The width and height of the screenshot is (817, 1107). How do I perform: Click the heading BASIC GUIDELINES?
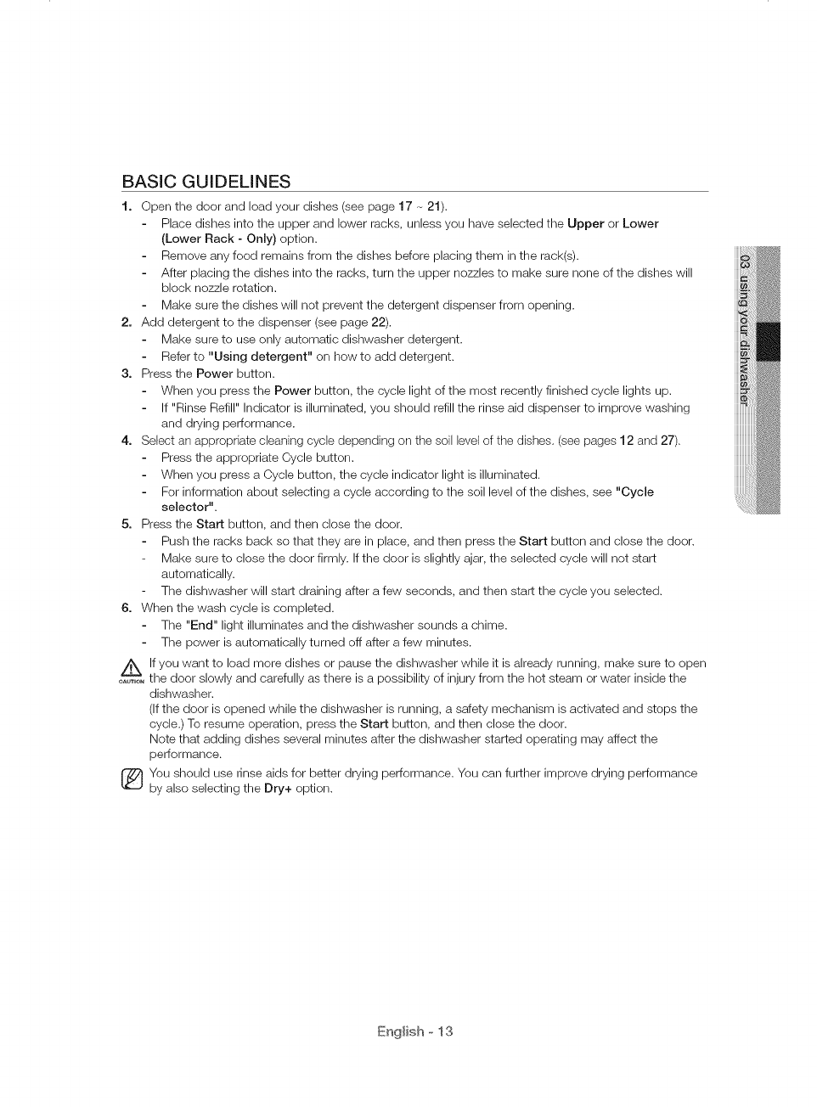pyautogui.click(x=206, y=182)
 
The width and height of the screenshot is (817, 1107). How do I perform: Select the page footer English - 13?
pyautogui.click(x=415, y=1031)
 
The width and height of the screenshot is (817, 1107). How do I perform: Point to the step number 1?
pyautogui.click(x=126, y=206)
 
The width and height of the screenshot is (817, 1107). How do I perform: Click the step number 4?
pyautogui.click(x=126, y=441)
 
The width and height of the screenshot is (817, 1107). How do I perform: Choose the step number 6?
pyautogui.click(x=126, y=608)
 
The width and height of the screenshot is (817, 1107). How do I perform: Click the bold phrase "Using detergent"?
pyautogui.click(x=260, y=357)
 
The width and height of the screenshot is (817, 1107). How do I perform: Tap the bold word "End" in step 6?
pyautogui.click(x=201, y=626)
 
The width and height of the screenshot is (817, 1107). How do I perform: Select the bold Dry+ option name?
pyautogui.click(x=278, y=789)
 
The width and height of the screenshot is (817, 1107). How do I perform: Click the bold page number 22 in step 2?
pyautogui.click(x=379, y=323)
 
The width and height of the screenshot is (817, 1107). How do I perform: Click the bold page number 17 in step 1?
pyautogui.click(x=405, y=206)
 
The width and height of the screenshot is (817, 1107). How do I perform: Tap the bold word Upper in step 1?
pyautogui.click(x=585, y=223)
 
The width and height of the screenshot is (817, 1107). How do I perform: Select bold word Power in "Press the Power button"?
pyautogui.click(x=214, y=374)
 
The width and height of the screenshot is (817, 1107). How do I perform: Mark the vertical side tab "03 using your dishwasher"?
pyautogui.click(x=747, y=331)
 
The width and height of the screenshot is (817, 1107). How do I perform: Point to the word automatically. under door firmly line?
pyautogui.click(x=197, y=574)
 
